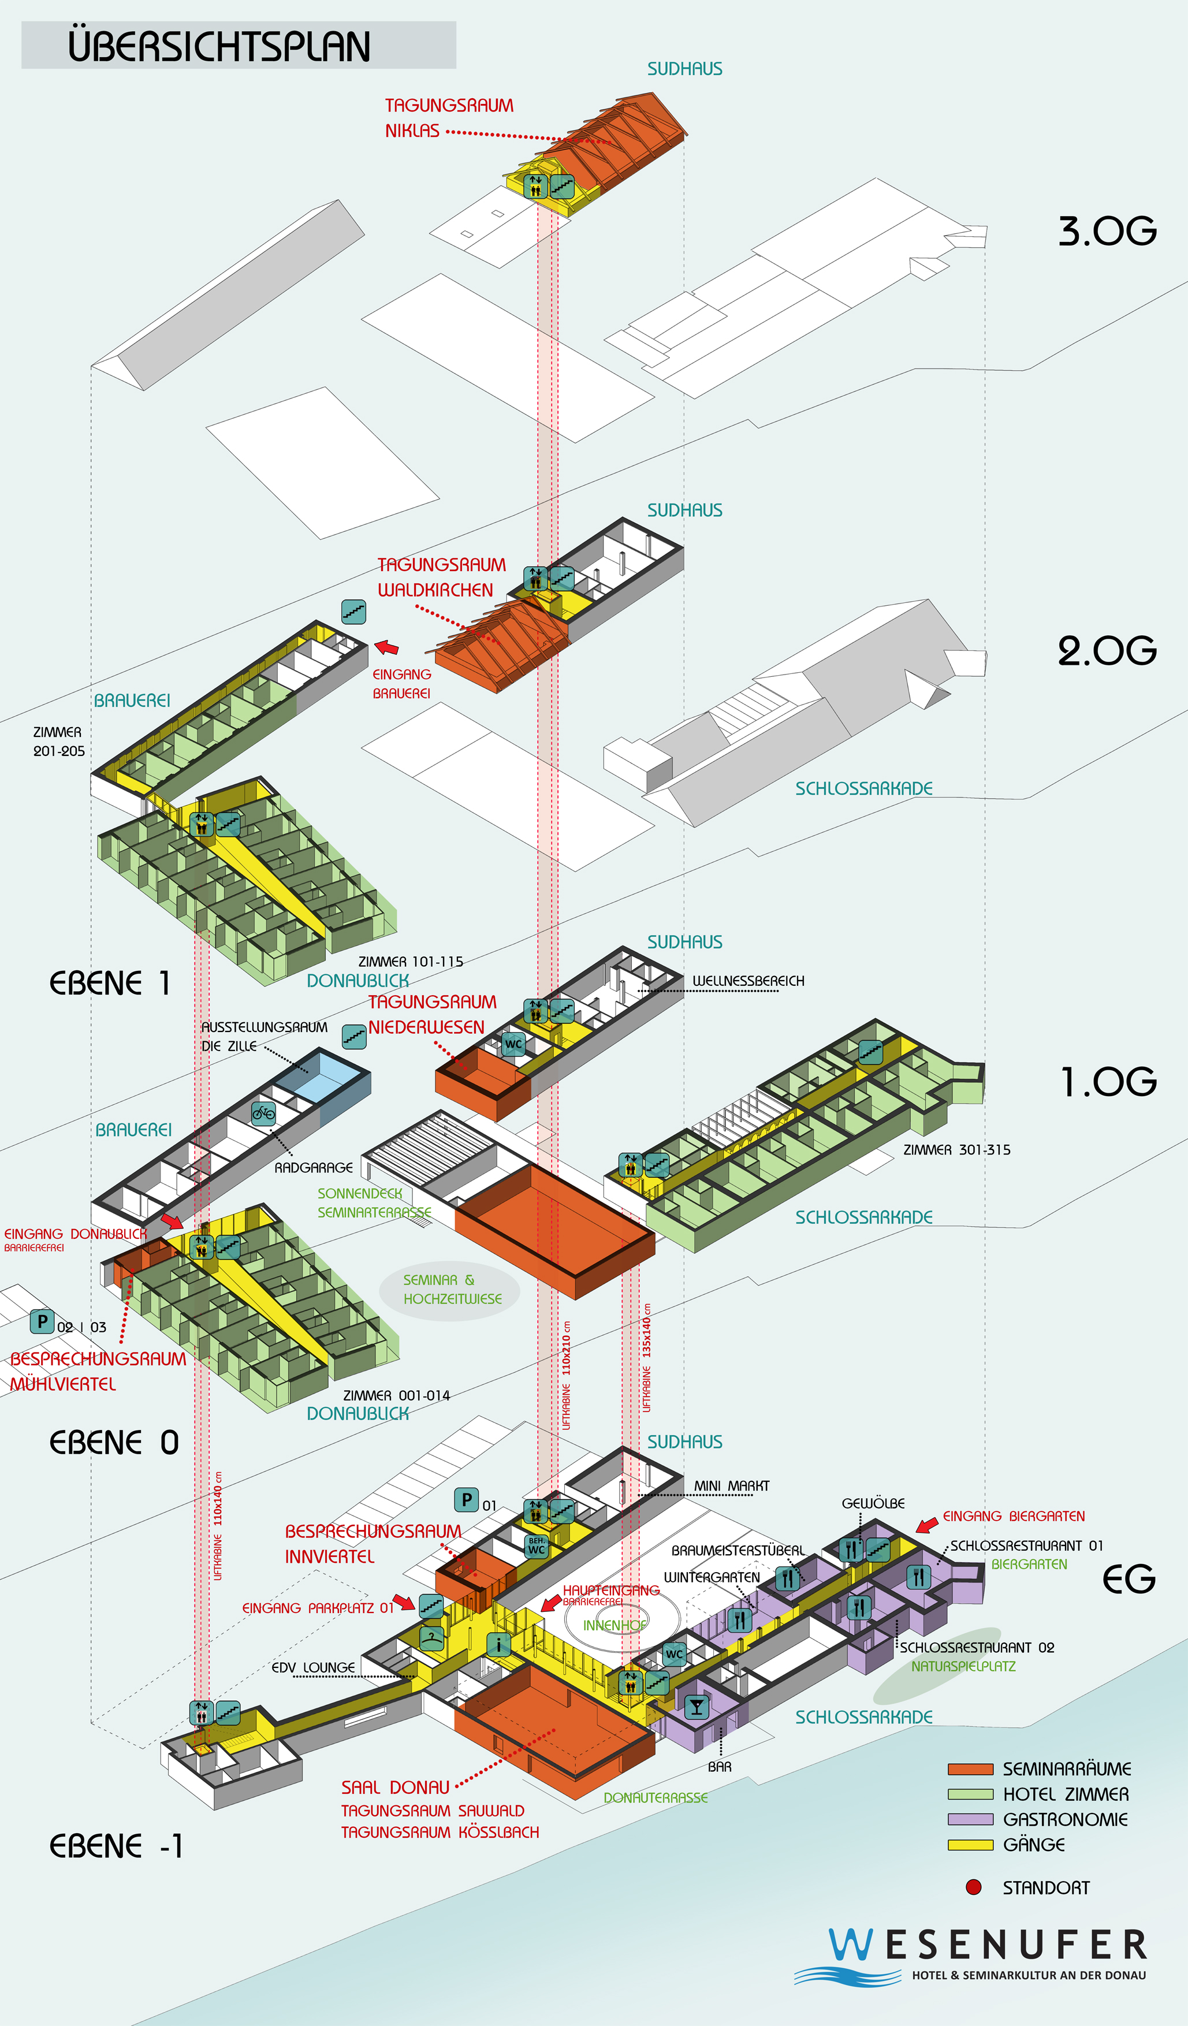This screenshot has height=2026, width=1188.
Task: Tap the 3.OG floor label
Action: [1107, 232]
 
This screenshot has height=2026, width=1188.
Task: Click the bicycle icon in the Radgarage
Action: [263, 1113]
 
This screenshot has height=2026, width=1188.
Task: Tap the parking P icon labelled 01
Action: [466, 1499]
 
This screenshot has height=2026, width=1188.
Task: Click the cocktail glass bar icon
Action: [696, 1707]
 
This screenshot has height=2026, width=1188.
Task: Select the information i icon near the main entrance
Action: [498, 1645]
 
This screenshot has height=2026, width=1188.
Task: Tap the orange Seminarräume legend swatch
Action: [970, 1769]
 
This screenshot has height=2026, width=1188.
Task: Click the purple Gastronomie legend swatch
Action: [970, 1819]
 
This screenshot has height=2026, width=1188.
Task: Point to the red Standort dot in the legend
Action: [973, 1887]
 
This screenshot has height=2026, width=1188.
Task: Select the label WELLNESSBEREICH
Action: [747, 981]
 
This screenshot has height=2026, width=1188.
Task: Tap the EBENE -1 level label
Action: [117, 1846]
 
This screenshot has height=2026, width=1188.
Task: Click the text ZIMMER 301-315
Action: [956, 1150]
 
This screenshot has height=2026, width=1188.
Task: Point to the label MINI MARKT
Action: [731, 1486]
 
